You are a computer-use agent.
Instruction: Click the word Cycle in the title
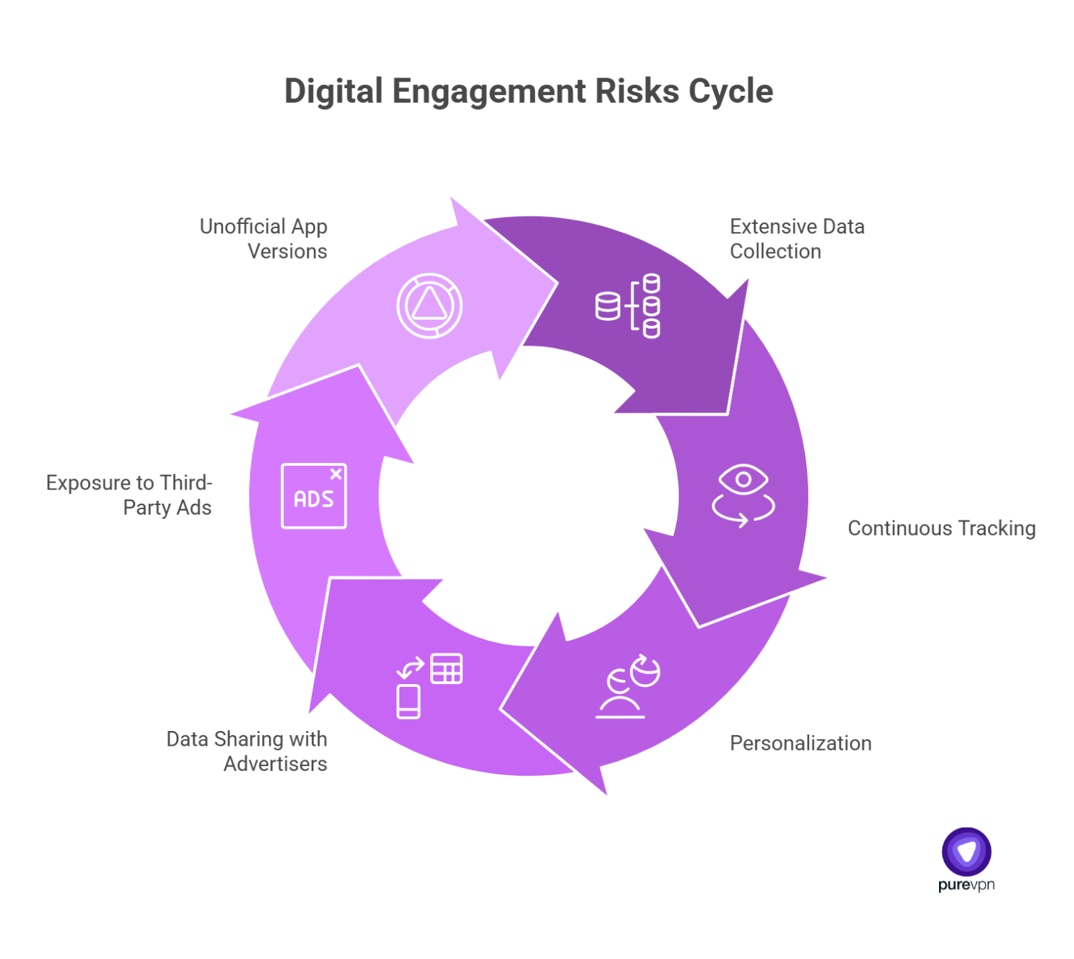point(731,92)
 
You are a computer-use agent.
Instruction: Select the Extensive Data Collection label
point(797,239)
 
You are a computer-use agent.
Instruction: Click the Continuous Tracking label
point(941,528)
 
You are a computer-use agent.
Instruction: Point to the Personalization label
point(801,743)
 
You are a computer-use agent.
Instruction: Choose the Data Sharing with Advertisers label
point(247,751)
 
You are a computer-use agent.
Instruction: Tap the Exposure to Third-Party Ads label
point(129,495)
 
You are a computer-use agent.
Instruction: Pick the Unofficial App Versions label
point(264,239)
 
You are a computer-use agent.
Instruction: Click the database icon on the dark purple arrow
point(628,306)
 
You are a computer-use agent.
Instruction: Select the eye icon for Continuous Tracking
point(743,494)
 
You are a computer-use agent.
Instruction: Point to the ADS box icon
point(314,496)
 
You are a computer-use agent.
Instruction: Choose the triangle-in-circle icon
point(429,306)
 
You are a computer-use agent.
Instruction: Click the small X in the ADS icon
point(336,474)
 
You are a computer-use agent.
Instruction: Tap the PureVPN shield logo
point(966,851)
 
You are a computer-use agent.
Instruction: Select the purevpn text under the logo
point(966,885)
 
